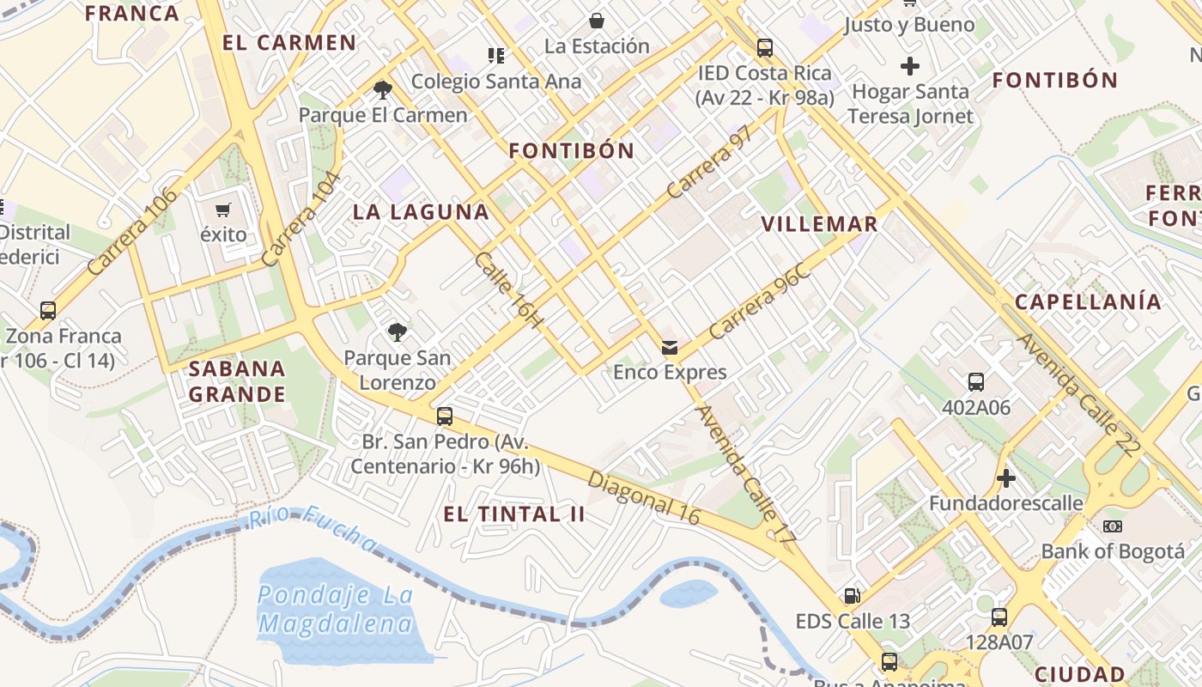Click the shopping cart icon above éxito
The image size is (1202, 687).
pyautogui.click(x=223, y=210)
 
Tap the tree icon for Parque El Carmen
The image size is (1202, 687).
pyautogui.click(x=383, y=88)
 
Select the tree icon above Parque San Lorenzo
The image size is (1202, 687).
pyautogui.click(x=397, y=331)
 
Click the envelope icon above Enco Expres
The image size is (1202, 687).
pyautogui.click(x=670, y=347)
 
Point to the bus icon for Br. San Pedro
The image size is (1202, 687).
pyautogui.click(x=445, y=416)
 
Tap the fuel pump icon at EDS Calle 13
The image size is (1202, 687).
pyautogui.click(x=852, y=595)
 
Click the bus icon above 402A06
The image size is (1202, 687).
pyautogui.click(x=976, y=382)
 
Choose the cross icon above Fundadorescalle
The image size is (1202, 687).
pyautogui.click(x=1006, y=477)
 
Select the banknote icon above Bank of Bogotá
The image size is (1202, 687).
pyautogui.click(x=1113, y=526)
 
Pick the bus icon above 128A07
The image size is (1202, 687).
pyautogui.click(x=999, y=617)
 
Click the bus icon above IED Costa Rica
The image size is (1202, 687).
pyautogui.click(x=765, y=48)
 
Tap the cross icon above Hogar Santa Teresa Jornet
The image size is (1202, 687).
pyautogui.click(x=910, y=65)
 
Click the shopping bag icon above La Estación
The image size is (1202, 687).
pyautogui.click(x=597, y=20)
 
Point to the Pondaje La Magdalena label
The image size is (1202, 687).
pyautogui.click(x=336, y=610)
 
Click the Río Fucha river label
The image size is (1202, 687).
pyautogui.click(x=313, y=529)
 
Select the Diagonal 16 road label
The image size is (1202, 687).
pyautogui.click(x=644, y=497)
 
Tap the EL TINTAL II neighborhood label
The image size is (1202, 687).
pyautogui.click(x=514, y=514)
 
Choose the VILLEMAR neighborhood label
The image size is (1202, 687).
pyautogui.click(x=819, y=224)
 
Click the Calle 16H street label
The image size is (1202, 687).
pyautogui.click(x=509, y=290)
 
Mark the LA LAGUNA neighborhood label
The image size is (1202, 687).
pyautogui.click(x=421, y=212)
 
